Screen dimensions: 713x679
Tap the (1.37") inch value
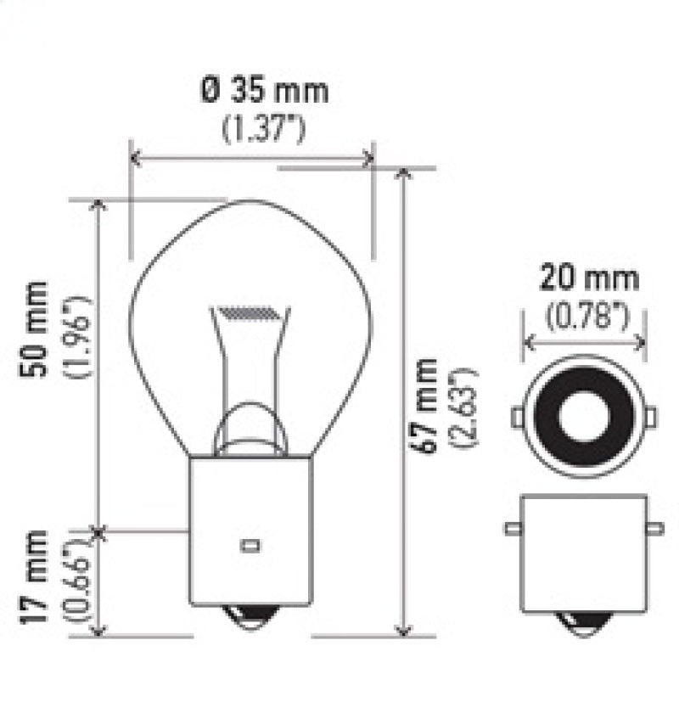pyautogui.click(x=264, y=128)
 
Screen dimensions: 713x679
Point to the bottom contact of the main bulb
pyautogui.click(x=250, y=618)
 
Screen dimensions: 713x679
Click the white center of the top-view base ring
pyautogui.click(x=584, y=417)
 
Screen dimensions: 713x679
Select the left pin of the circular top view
pyautogui.click(x=516, y=417)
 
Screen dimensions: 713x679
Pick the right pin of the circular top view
pyautogui.click(x=651, y=417)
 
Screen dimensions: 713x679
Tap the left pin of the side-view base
pyautogui.click(x=512, y=529)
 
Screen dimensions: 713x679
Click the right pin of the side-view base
pyautogui.click(x=654, y=529)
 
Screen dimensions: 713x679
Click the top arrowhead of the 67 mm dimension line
pyautogui.click(x=404, y=174)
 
